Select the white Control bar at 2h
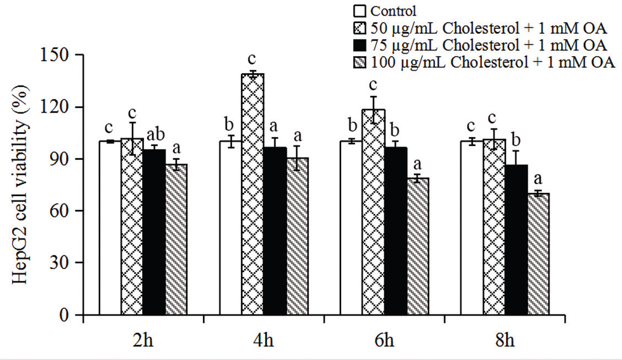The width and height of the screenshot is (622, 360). (110, 228)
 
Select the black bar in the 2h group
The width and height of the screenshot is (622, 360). (154, 232)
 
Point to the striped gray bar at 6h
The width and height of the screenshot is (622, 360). (418, 246)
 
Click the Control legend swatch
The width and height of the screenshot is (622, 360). (358, 11)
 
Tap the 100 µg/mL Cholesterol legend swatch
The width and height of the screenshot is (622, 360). (358, 62)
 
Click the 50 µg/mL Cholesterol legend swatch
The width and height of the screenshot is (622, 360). (358, 28)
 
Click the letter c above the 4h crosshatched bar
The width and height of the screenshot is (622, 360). (253, 58)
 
